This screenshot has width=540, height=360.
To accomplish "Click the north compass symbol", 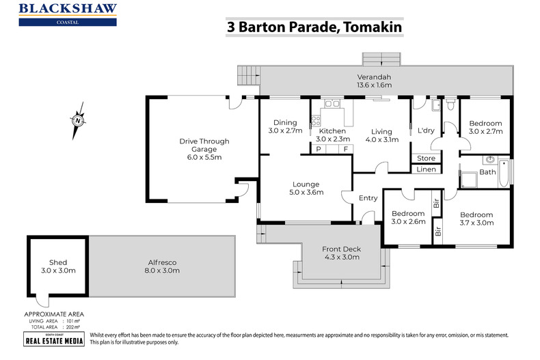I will coord(79,120).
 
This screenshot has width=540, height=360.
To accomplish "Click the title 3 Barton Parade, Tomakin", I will coord(314,27).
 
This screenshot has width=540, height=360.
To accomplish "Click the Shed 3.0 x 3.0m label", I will coord(58,266).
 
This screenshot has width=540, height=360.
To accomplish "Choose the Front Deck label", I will coord(341,253).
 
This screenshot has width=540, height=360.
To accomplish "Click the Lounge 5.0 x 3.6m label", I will coord(307,188).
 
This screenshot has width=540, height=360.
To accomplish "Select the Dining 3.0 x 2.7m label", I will coord(284,127).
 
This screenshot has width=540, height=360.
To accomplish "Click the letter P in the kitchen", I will coord(318,148).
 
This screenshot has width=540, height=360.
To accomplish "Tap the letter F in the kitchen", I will coord(345,148).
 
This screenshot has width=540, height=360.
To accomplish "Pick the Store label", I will coord(426,158).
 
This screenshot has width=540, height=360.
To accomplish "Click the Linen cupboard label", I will coord(426,169).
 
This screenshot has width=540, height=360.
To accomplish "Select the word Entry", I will coord(368,198).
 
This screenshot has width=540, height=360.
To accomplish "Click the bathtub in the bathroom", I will coord(504,173).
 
